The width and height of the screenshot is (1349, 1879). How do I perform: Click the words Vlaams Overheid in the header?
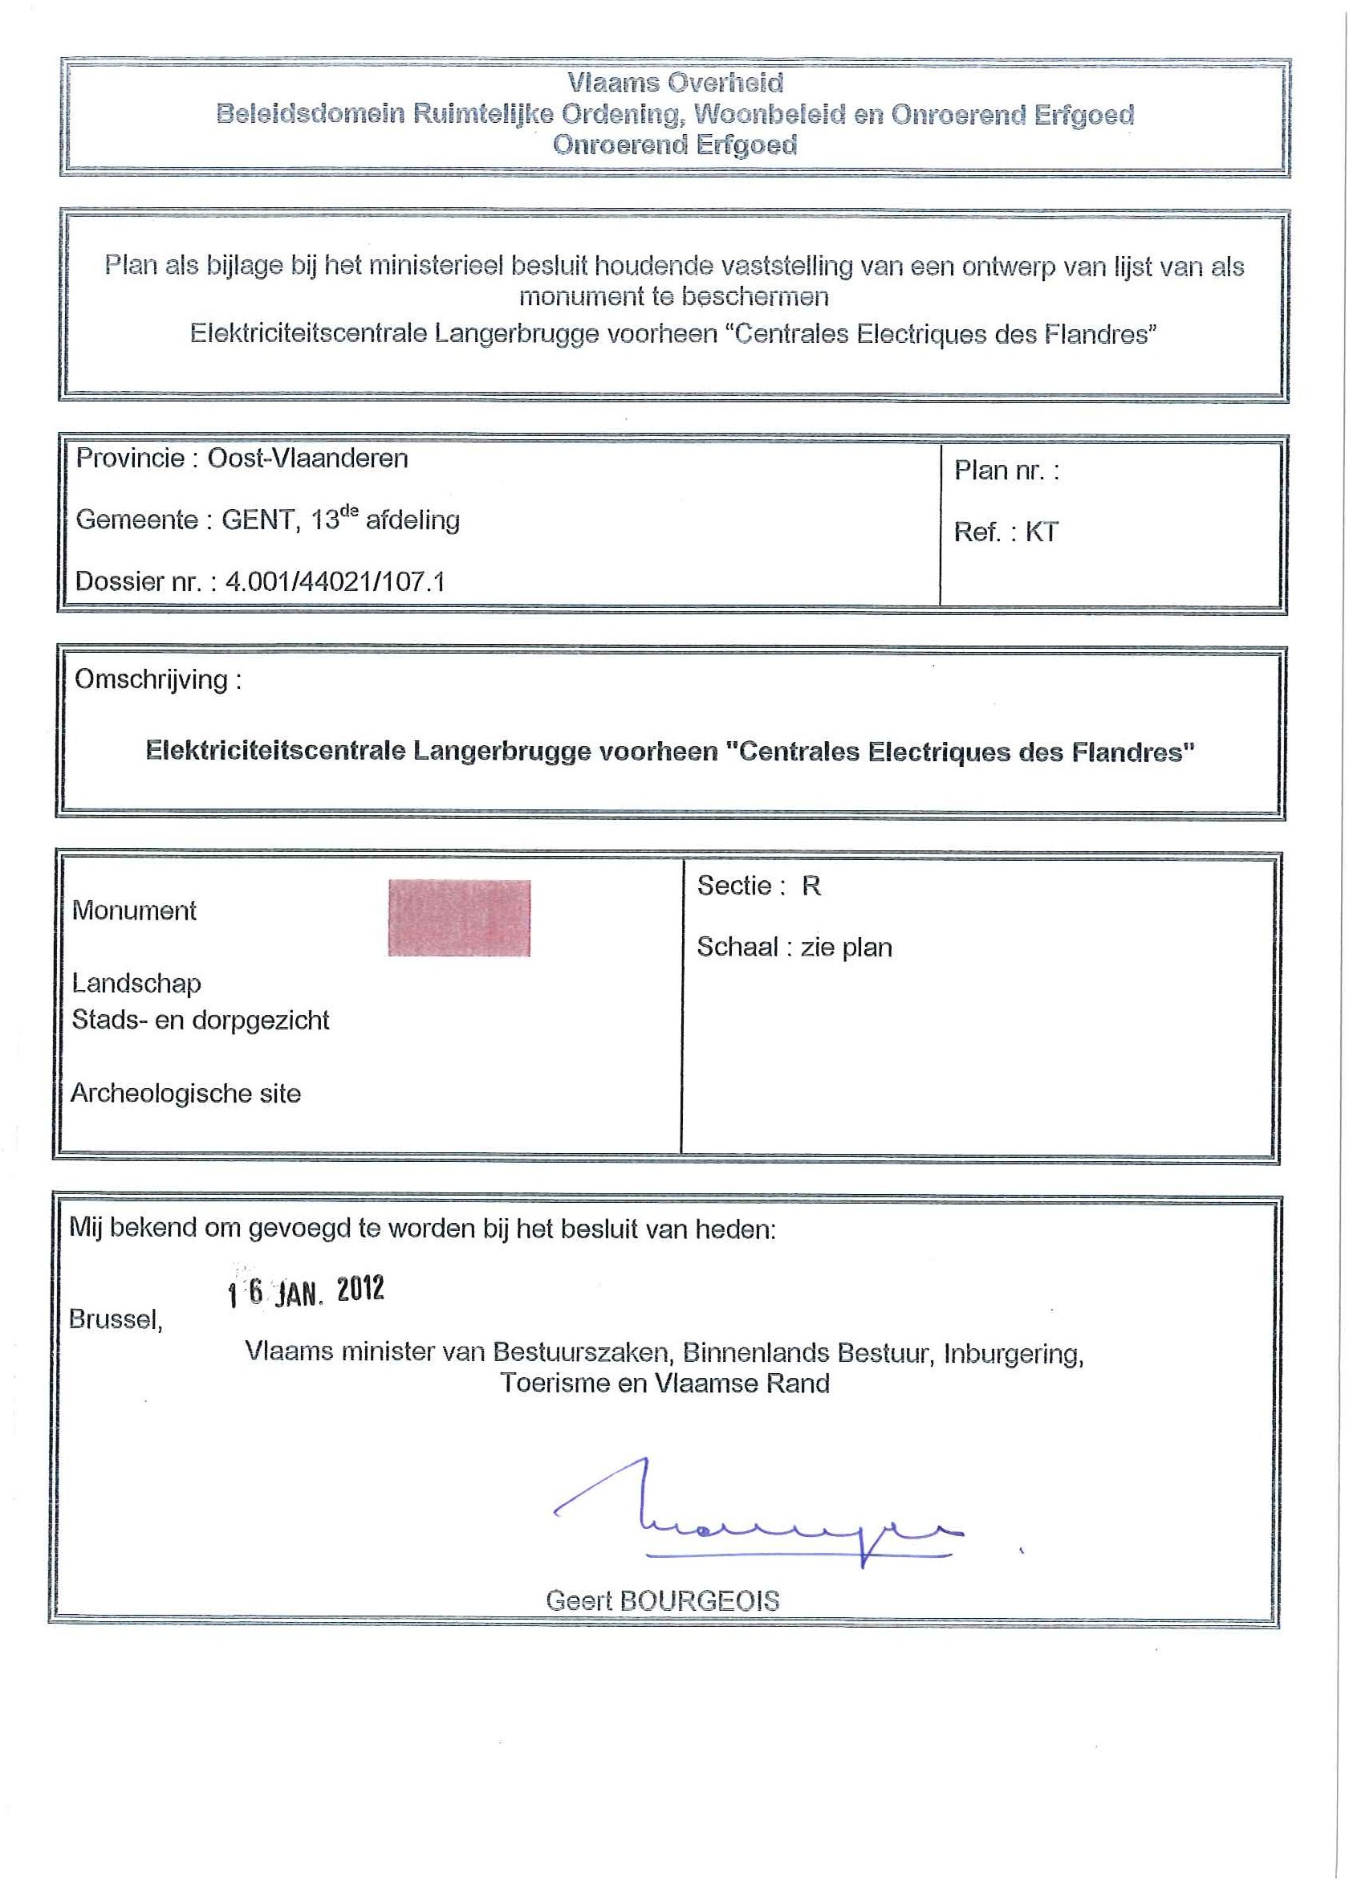pos(675,83)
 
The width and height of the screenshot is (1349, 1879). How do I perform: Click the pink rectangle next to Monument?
pos(459,918)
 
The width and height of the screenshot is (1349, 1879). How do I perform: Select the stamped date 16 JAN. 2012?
pos(306,1290)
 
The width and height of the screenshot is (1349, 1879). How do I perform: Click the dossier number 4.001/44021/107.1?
pos(335,581)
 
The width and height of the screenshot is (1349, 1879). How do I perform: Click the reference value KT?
pos(1041,532)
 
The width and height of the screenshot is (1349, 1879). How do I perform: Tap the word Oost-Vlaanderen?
pos(307,459)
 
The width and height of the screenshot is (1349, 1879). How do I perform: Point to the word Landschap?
pos(136,984)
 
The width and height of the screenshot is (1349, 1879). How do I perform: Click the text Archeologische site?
pos(185,1094)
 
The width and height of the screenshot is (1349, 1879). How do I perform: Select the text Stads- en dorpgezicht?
pos(201,1020)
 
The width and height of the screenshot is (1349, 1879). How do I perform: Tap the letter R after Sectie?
pos(811,887)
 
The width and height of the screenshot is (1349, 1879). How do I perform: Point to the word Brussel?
pos(115,1319)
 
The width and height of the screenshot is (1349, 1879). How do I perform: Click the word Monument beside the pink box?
pos(134,911)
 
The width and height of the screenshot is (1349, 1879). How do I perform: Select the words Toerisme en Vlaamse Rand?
pos(664,1384)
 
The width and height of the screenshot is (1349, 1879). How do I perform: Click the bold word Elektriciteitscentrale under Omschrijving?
pos(276,751)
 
